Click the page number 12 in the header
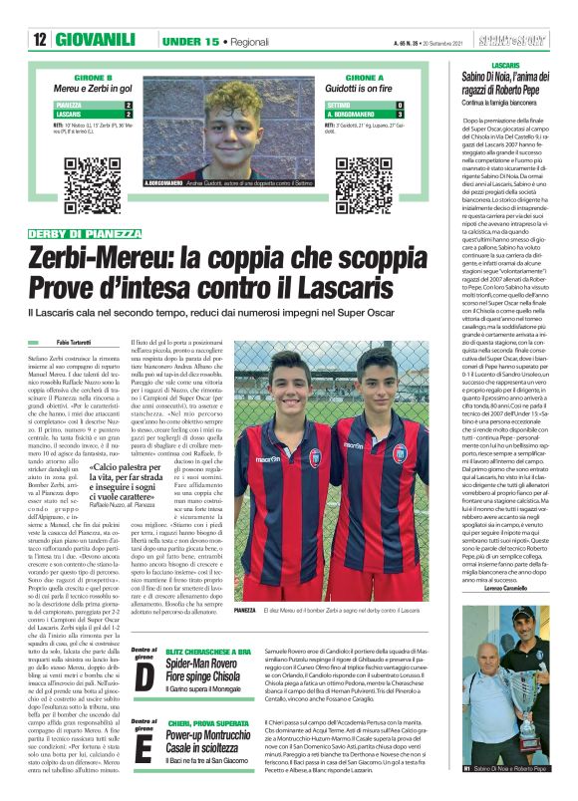click(40, 39)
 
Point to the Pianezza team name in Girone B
click(70, 105)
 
